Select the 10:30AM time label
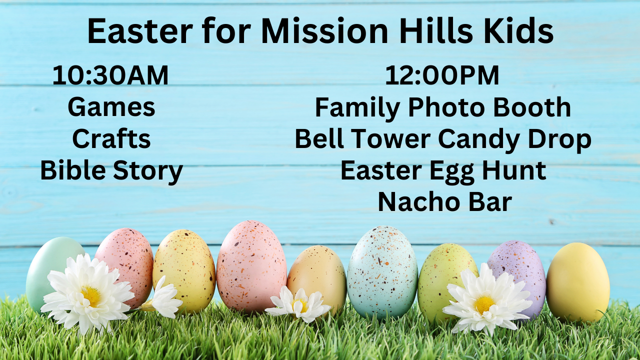110,75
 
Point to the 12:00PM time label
442,75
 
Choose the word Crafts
111,138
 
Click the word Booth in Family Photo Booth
532,107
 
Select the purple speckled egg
517,274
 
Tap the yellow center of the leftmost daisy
91,295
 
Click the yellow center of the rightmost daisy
484,304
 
